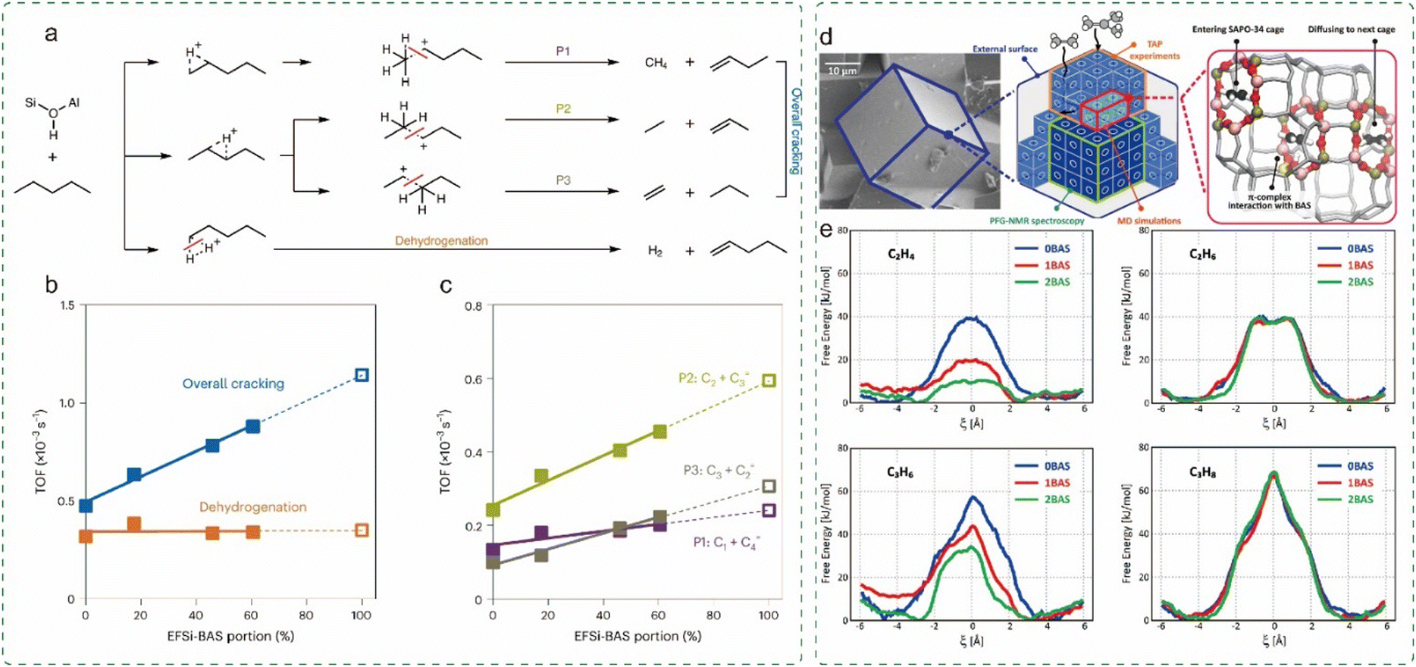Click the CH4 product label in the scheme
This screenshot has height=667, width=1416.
pyautogui.click(x=656, y=62)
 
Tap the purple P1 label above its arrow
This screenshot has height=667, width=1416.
pyautogui.click(x=562, y=51)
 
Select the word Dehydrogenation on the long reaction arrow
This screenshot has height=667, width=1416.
pyautogui.click(x=441, y=240)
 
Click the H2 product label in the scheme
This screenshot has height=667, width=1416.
pyautogui.click(x=656, y=251)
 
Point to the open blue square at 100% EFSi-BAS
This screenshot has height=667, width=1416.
pyautogui.click(x=362, y=375)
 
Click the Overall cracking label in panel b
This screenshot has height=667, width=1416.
pyautogui.click(x=233, y=384)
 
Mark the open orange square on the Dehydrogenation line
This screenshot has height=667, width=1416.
pyautogui.click(x=362, y=531)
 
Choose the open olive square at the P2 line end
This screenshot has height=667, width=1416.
pyautogui.click(x=769, y=380)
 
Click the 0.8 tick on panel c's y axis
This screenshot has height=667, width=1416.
pyautogui.click(x=472, y=305)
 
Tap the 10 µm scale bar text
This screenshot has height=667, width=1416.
pyautogui.click(x=842, y=70)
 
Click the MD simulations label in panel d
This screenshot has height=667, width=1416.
pyautogui.click(x=1149, y=221)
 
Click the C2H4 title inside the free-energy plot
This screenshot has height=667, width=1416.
pyautogui.click(x=901, y=255)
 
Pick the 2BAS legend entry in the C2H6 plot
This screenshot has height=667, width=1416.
pyautogui.click(x=1361, y=282)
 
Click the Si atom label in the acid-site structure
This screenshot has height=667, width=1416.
pyautogui.click(x=30, y=102)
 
